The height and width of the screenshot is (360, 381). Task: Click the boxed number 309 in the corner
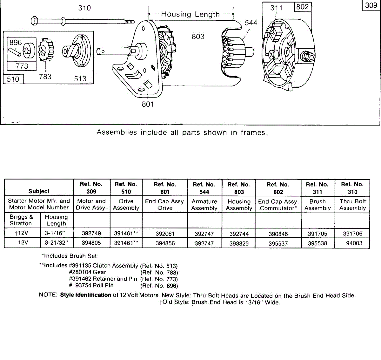coord(371,5)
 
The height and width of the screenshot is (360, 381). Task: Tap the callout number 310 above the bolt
coord(84,8)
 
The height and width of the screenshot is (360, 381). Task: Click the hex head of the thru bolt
coord(35,21)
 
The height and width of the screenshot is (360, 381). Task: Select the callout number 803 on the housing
coord(198,37)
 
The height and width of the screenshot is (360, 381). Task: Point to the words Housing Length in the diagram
coord(190,14)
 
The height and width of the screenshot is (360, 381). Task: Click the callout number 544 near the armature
coord(251,23)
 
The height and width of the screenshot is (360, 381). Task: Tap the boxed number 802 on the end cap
coord(302,7)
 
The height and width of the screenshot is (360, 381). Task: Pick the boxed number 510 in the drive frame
coord(13,79)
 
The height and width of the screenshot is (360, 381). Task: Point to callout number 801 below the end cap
coord(148,104)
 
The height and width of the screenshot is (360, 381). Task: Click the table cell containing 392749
coord(91,233)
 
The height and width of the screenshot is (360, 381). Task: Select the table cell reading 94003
coord(354,243)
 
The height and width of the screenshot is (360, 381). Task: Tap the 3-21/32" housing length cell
coord(57,243)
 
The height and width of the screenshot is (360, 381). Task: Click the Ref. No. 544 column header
coord(204,188)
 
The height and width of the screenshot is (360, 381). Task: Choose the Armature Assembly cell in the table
coord(204,205)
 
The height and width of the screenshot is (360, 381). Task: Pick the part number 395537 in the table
coord(278,243)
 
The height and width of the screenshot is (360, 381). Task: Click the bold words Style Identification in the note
coord(86,295)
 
